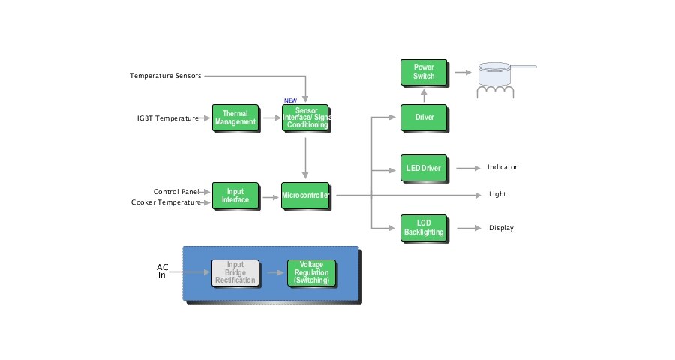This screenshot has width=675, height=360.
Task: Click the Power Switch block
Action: (x=424, y=72)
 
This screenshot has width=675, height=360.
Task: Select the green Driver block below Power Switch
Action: (x=424, y=118)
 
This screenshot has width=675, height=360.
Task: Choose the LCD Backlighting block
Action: (x=424, y=228)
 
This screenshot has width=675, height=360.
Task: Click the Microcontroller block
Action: (x=305, y=196)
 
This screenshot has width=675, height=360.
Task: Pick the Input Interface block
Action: (x=235, y=196)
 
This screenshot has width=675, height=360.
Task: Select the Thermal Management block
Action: (x=235, y=118)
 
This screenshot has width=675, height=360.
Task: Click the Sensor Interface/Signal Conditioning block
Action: (x=306, y=118)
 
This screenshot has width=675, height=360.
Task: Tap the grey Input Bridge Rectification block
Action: (x=235, y=273)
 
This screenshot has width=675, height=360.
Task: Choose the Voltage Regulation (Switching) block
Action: (x=311, y=273)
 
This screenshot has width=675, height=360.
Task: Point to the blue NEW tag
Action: (x=289, y=100)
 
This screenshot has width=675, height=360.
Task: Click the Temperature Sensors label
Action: (x=165, y=76)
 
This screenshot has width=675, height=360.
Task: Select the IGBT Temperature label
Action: (x=167, y=118)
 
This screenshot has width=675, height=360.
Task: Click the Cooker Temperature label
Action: (x=166, y=202)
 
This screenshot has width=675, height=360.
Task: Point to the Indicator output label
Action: (x=502, y=167)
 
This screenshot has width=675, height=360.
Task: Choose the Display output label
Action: (x=501, y=228)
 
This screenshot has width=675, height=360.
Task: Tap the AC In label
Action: (x=162, y=271)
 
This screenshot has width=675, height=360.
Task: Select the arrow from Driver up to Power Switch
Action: (x=424, y=95)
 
